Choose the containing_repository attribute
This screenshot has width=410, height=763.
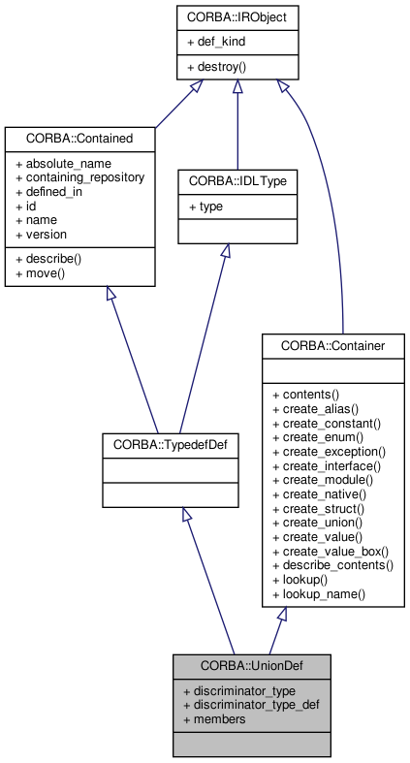pyautogui.click(x=79, y=177)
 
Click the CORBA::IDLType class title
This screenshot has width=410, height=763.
pyautogui.click(x=223, y=180)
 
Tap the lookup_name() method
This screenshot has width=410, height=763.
pyautogui.click(x=318, y=593)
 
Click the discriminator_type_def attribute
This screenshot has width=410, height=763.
pyautogui.click(x=250, y=704)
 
